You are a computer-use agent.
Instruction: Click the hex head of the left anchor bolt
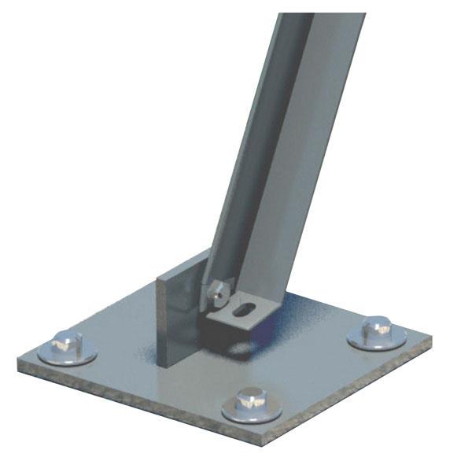point(66,344)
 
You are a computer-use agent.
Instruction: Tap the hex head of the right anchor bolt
point(378,328)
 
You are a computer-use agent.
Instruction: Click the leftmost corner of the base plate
point(19,363)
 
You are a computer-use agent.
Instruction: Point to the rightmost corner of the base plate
point(431,340)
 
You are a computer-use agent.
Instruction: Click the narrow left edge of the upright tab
point(160,315)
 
